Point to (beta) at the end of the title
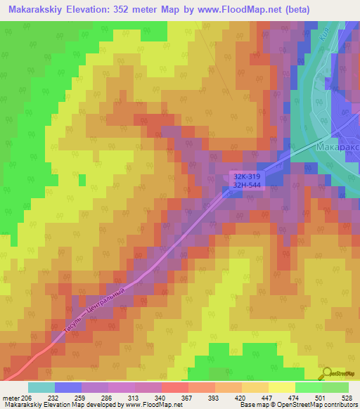tap(297, 9)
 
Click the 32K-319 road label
tap(247, 176)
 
